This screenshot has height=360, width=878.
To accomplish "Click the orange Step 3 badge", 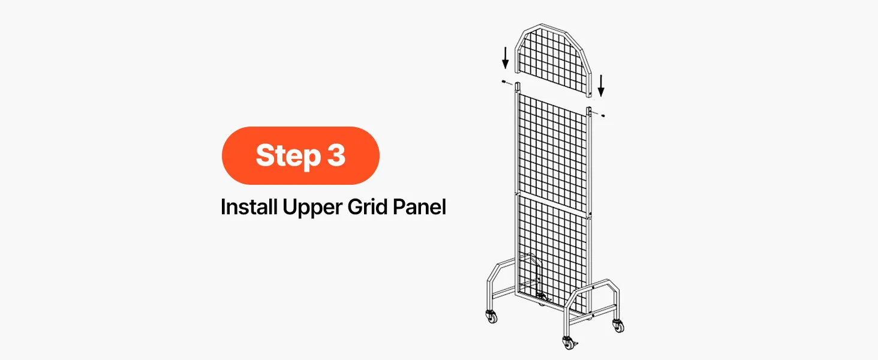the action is [x=300, y=155].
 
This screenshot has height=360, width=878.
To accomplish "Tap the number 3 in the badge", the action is [x=336, y=155].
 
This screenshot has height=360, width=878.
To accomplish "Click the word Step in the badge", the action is [x=288, y=156].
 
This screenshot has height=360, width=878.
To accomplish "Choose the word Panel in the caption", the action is [x=419, y=206].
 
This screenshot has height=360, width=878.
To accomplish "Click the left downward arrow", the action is [x=505, y=58].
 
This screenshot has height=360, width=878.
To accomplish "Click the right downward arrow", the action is [x=601, y=85].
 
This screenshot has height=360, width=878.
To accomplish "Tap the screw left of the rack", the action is [x=504, y=82].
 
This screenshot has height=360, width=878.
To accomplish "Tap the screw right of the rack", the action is [x=603, y=116].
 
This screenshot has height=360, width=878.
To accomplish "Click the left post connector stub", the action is [x=518, y=86].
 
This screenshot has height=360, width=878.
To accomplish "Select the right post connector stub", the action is [x=589, y=110].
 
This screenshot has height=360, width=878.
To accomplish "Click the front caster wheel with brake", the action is [x=568, y=343].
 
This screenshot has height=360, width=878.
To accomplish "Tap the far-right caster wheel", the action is [x=618, y=325].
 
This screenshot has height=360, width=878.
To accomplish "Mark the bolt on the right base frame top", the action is [x=594, y=287].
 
